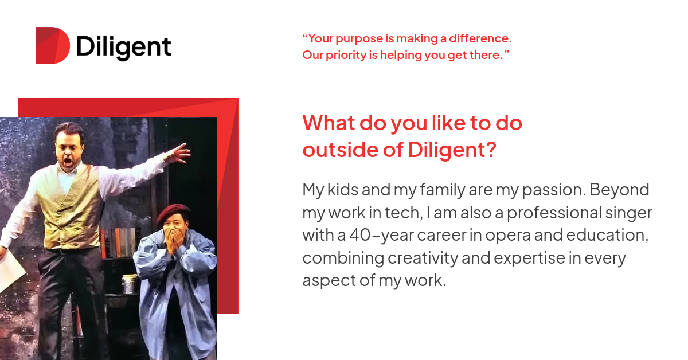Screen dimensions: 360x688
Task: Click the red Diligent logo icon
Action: click(52, 46)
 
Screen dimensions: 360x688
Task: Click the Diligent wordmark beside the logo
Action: click(123, 47)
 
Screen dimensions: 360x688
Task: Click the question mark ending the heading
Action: click(490, 150)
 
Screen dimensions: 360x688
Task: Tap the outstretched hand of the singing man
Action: click(180, 152)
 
